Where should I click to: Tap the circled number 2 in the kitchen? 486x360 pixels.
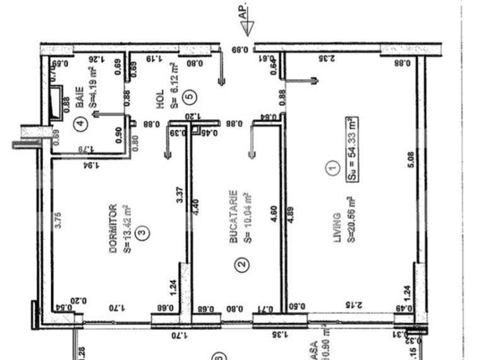pos(241,266)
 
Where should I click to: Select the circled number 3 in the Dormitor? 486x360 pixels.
pos(141,232)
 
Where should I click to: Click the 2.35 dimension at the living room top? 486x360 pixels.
pos(328,59)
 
